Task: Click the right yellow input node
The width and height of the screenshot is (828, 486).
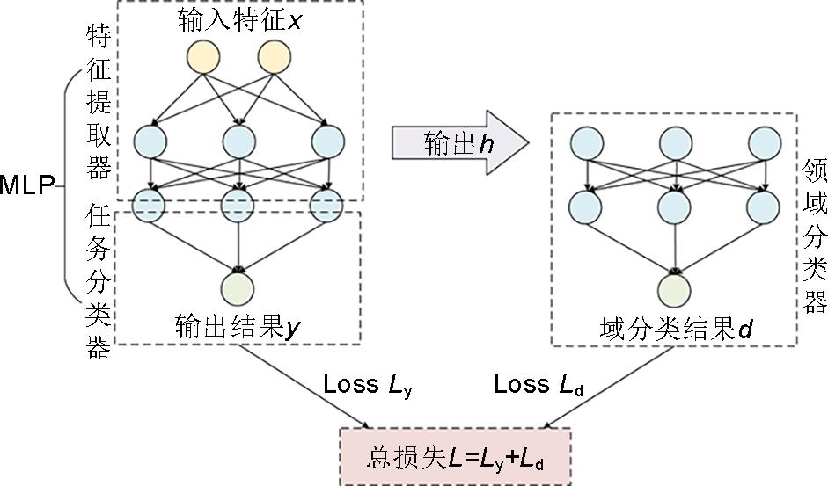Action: tap(273, 58)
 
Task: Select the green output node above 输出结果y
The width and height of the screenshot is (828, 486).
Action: tap(238, 288)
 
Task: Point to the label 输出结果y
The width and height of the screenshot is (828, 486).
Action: tap(238, 326)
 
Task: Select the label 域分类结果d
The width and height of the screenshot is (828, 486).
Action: tap(676, 330)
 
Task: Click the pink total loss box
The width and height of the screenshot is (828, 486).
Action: tap(455, 458)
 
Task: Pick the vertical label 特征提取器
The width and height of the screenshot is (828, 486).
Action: tap(98, 100)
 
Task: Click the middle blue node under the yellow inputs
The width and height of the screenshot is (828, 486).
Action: tap(238, 140)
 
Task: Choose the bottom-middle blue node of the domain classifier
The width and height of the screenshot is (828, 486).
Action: tap(675, 207)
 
